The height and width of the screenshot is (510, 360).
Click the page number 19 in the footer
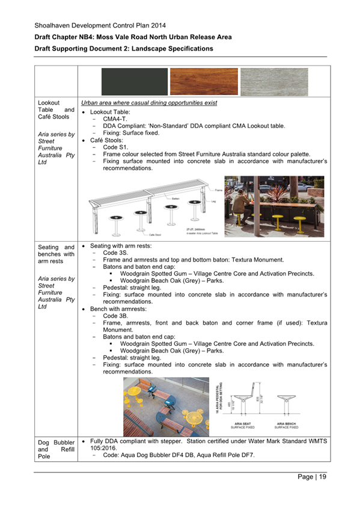tap(323, 477)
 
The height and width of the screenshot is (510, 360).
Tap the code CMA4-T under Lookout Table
tap(114, 119)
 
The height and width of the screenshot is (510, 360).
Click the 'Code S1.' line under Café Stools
tap(117, 147)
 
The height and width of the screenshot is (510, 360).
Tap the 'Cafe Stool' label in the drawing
tap(155, 236)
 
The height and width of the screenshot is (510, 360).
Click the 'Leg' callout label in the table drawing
tap(211, 201)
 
